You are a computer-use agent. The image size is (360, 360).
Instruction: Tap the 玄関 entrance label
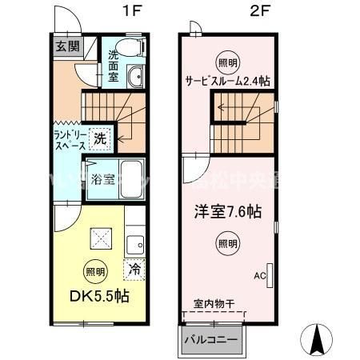(x=66, y=46)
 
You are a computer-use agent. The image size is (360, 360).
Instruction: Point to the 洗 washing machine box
(x=100, y=137)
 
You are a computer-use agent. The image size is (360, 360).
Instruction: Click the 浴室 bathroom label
(x=99, y=178)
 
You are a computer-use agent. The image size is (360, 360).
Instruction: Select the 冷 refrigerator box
(x=135, y=270)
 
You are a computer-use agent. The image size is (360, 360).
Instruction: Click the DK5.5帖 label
(x=98, y=296)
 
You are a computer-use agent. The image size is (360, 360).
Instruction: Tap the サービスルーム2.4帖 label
(x=227, y=80)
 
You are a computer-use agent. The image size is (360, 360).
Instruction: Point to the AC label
(x=260, y=275)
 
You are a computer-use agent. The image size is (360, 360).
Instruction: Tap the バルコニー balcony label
(x=210, y=339)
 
